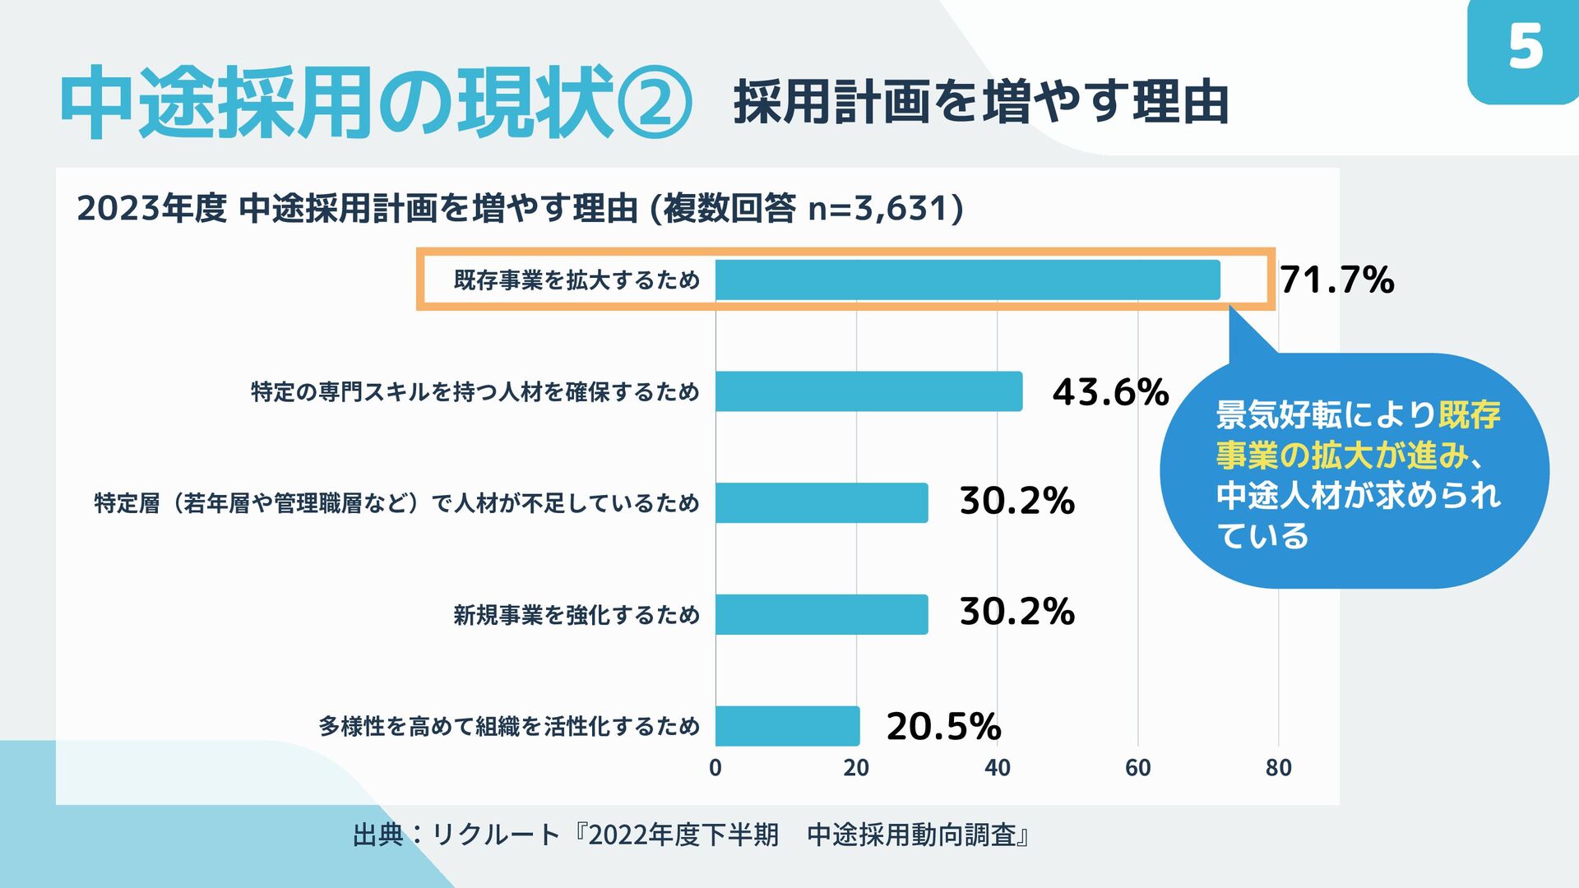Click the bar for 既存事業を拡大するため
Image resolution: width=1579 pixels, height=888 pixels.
967,280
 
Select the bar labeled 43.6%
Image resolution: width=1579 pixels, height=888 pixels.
868,391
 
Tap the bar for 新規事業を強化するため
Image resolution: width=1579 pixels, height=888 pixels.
822,614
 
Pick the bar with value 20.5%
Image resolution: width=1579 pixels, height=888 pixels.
787,726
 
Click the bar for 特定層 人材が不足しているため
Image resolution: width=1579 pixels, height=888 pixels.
822,502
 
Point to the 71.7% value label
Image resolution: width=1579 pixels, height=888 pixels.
1337,280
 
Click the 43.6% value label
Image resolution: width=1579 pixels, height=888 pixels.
1110,392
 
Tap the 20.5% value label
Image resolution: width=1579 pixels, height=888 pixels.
943,727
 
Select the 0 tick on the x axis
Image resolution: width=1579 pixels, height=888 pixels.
715,768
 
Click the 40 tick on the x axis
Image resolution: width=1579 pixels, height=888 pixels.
997,768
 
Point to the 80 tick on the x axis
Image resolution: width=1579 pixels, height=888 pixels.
1279,768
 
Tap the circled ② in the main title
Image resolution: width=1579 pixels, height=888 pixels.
655,104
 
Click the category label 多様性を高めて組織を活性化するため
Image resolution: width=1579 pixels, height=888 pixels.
509,726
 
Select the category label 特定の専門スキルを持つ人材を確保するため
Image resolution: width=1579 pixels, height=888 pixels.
475,391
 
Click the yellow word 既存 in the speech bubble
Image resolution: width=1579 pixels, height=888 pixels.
1470,415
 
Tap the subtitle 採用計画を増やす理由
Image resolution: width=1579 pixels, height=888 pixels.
981,103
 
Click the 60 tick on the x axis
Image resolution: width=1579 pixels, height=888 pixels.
1138,768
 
